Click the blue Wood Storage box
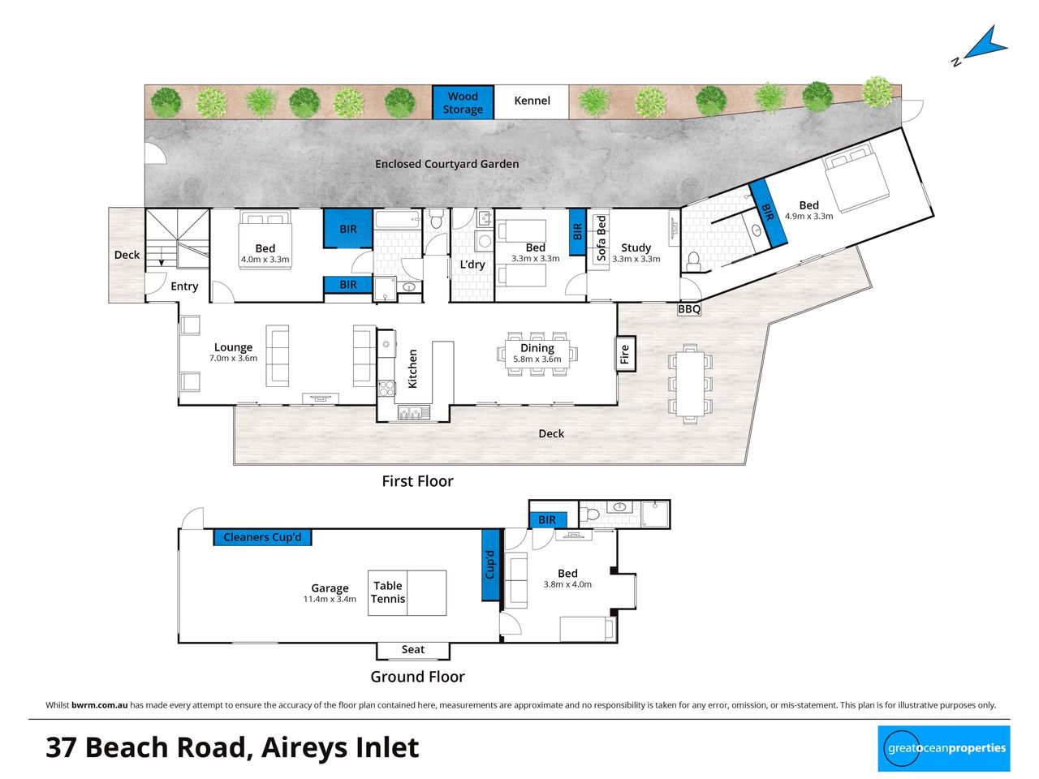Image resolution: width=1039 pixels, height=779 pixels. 463,102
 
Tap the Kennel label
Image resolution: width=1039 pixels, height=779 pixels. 532,101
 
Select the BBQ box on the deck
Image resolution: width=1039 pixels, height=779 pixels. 688,309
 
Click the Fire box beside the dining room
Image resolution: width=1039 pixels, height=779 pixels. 625,354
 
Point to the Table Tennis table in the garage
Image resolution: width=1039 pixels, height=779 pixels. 407,592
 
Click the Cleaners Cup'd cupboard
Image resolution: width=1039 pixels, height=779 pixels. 262,537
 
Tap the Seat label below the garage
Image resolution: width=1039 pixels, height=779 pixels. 413,649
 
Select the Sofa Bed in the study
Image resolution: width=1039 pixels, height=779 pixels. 601,239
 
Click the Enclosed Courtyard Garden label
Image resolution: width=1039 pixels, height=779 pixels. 446,164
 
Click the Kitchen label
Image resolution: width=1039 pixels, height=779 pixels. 413,369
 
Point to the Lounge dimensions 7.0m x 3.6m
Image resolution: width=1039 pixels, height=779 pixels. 233,358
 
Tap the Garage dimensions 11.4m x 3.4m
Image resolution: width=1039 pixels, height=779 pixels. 330,599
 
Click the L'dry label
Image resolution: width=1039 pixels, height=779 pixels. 472,264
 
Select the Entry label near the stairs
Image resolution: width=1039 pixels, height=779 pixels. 184,286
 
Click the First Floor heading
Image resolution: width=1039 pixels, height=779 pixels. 417,481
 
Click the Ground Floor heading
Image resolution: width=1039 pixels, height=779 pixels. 417,677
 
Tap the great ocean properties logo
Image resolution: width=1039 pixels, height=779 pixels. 944,748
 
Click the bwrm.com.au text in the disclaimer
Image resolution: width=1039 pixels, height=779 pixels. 99,704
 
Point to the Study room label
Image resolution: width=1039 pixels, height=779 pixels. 636,247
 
